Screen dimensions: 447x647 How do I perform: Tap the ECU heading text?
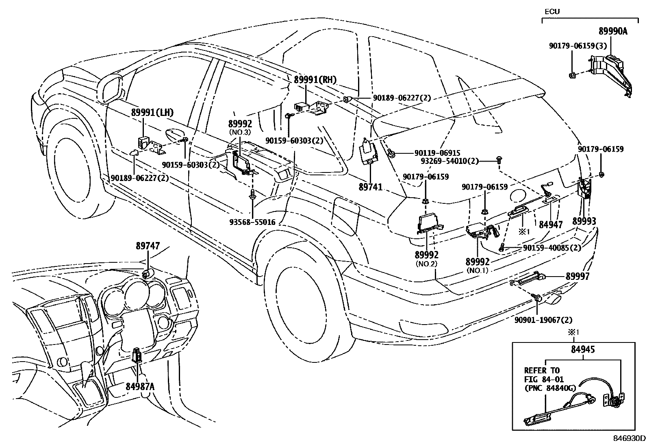(x=552, y=11)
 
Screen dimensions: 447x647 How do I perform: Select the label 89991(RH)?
(x=315, y=80)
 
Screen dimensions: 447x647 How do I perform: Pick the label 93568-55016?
(x=252, y=222)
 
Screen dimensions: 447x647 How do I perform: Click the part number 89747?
(x=148, y=246)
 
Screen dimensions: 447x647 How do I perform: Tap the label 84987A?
(x=140, y=386)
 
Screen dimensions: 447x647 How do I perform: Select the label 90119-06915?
(x=437, y=153)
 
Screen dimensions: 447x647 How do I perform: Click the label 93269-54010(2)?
(x=449, y=161)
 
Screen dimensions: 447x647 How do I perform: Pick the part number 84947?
(x=551, y=224)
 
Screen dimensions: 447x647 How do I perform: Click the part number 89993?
(x=584, y=221)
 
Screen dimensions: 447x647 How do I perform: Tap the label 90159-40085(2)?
(x=552, y=247)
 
